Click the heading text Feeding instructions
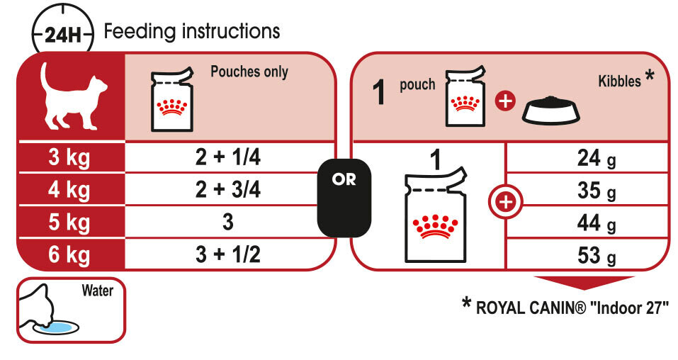pos(192,32)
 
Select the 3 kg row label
pos(69,158)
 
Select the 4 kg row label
pos(69,190)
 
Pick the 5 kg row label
pos(69,223)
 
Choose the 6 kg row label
pos(69,254)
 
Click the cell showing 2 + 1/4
pos(227,158)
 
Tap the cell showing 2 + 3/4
pos(227,190)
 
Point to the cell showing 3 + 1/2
pos(227,254)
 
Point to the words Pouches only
pos(249,72)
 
